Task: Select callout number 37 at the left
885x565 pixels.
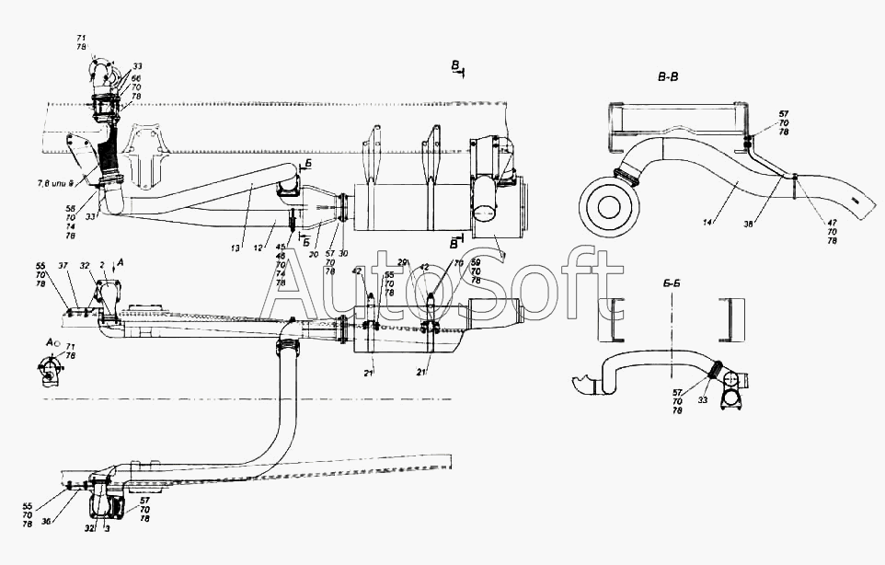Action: tap(63, 265)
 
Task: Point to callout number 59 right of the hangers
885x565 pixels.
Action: tap(475, 264)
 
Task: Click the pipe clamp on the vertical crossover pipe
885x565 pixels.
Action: tap(287, 348)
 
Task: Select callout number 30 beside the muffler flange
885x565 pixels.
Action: tap(343, 254)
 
